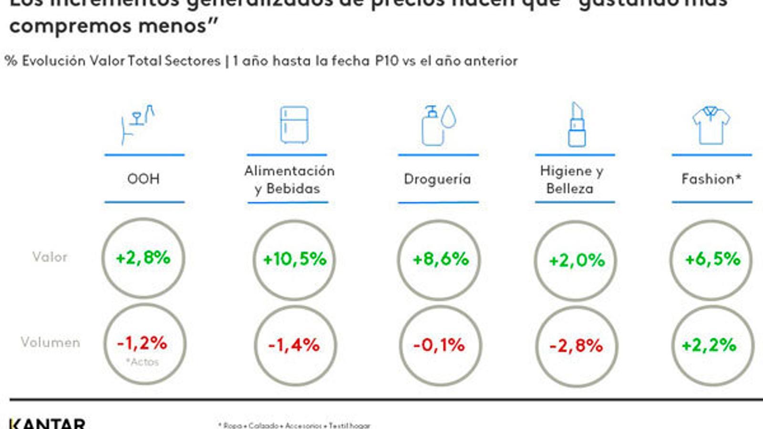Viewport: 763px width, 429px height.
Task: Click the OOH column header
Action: [x=144, y=179]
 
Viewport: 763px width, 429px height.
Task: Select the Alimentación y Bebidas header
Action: [x=289, y=180]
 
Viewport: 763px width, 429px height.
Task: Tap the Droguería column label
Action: [x=437, y=179]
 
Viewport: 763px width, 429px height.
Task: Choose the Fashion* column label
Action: [x=711, y=179]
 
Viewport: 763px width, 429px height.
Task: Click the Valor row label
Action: [x=50, y=257]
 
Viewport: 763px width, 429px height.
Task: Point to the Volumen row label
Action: [x=51, y=342]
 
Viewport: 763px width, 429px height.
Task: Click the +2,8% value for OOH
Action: [x=143, y=258]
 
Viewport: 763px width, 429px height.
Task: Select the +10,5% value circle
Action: [x=294, y=259]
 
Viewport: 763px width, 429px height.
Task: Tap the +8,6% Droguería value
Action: [x=440, y=259]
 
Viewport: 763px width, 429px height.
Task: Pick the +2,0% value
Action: [x=576, y=260]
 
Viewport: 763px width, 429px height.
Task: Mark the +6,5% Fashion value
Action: [x=712, y=259]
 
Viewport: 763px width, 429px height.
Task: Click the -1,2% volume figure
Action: [x=142, y=343]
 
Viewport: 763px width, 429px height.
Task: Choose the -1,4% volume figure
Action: [x=294, y=345]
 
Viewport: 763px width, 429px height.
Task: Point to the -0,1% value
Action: [x=439, y=345]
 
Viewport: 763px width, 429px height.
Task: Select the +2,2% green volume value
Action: [x=709, y=345]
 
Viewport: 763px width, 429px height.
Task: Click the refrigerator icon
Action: [x=294, y=125]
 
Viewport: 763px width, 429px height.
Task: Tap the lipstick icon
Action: [x=577, y=125]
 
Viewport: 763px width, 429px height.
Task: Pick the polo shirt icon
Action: [x=711, y=125]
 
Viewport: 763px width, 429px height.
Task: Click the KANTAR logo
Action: [x=47, y=423]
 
